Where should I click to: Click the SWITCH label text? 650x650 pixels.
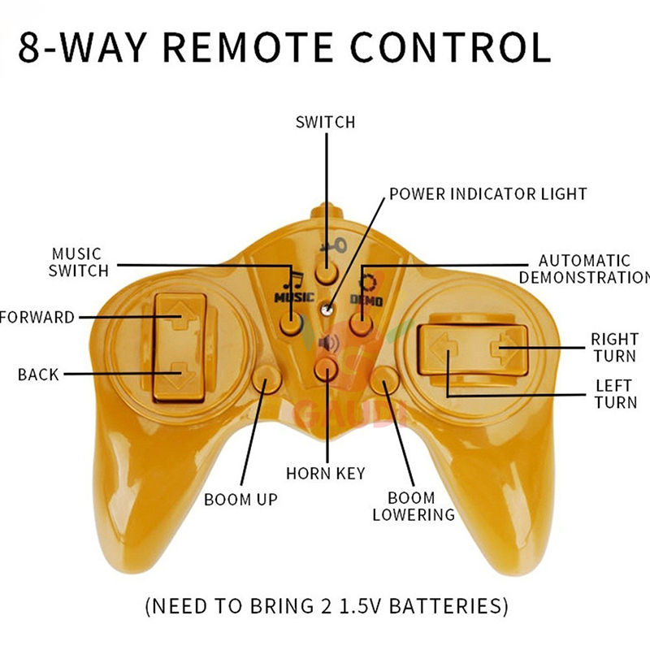[x=325, y=122]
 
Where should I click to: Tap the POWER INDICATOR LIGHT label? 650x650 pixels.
[x=487, y=194]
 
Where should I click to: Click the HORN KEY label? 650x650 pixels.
[x=325, y=473]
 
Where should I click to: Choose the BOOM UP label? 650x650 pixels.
[x=240, y=499]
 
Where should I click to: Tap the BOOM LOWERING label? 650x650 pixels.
[x=413, y=506]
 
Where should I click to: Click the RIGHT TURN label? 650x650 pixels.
[x=613, y=347]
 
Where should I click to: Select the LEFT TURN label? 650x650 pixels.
[x=615, y=394]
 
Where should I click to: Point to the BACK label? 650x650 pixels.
[x=38, y=375]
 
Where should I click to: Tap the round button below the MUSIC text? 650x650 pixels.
[x=291, y=324]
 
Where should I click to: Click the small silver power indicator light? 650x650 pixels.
[x=327, y=307]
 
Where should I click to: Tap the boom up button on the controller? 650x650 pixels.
[x=266, y=378]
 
